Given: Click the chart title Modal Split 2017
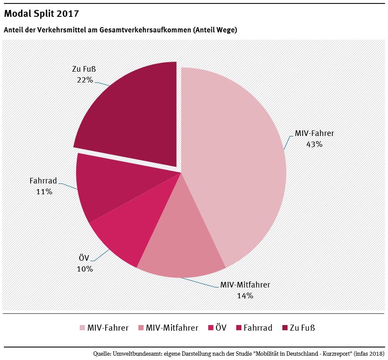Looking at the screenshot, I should [41, 13].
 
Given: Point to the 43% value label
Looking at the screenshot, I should [314, 144].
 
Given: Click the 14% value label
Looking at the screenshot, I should [245, 296].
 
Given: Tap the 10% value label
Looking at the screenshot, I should [84, 268].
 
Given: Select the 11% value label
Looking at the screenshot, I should [44, 192].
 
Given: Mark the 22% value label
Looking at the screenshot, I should [84, 79].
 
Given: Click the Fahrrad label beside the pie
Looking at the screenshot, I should [43, 181].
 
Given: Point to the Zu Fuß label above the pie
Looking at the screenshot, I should [84, 69].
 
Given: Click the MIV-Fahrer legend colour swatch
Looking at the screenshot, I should [82, 328].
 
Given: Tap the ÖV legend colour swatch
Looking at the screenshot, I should [211, 328].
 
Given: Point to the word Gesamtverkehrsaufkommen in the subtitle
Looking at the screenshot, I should [145, 30].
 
